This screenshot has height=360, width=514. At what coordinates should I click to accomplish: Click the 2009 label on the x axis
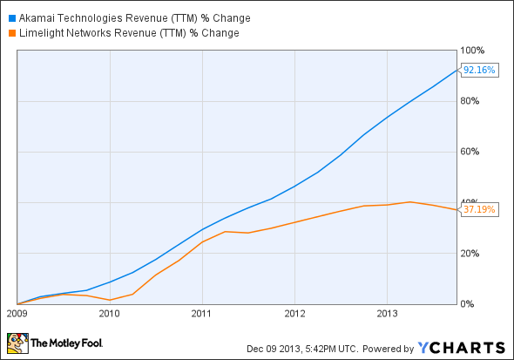pos(17,312)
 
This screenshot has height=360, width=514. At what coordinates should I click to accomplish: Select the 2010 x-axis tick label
pos(109,312)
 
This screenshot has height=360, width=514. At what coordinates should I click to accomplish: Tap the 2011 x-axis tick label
pos(202,312)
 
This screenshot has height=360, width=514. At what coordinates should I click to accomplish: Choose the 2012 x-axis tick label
pos(294,312)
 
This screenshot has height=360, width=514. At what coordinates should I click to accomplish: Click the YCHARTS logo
pos(459,346)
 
